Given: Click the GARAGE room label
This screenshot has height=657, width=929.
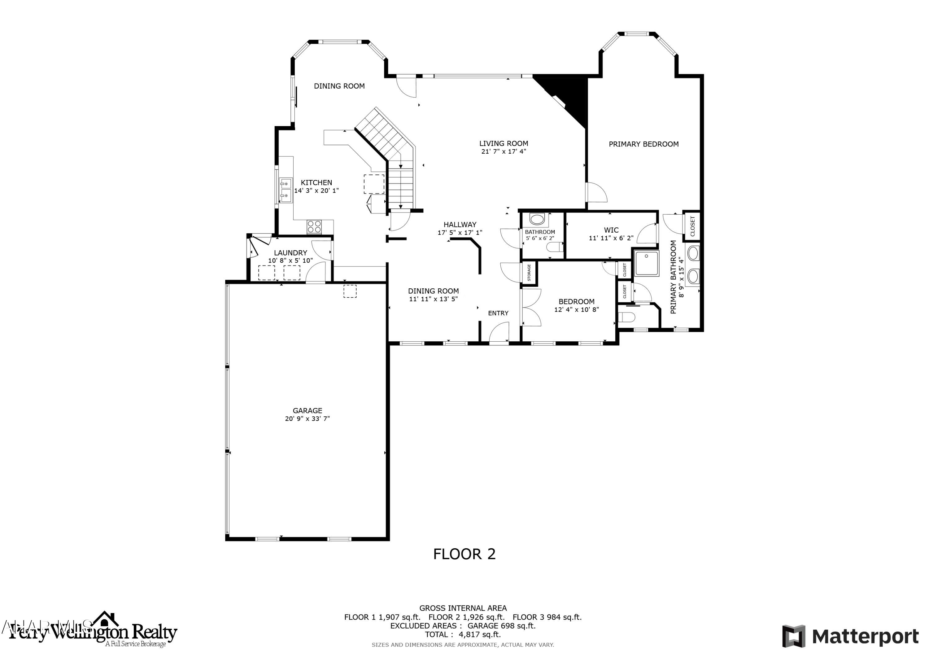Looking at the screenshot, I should tap(307, 410).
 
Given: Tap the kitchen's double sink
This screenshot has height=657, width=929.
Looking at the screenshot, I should tap(286, 190).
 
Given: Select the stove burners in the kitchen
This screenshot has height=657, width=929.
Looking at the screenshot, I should tap(314, 226).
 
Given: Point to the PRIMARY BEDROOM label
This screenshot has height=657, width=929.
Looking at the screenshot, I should tap(643, 144).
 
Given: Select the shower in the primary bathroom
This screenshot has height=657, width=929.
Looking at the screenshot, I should tap(646, 263).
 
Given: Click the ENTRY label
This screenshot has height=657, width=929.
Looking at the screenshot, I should tap(498, 313).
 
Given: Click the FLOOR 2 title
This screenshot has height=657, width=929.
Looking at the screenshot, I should tap(464, 554).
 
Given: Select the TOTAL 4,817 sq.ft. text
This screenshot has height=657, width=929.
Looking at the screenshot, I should tap(462, 635).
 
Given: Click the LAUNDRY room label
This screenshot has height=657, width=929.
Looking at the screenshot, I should tap(290, 252).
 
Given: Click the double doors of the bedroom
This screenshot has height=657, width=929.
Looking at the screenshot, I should tap(532, 308).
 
